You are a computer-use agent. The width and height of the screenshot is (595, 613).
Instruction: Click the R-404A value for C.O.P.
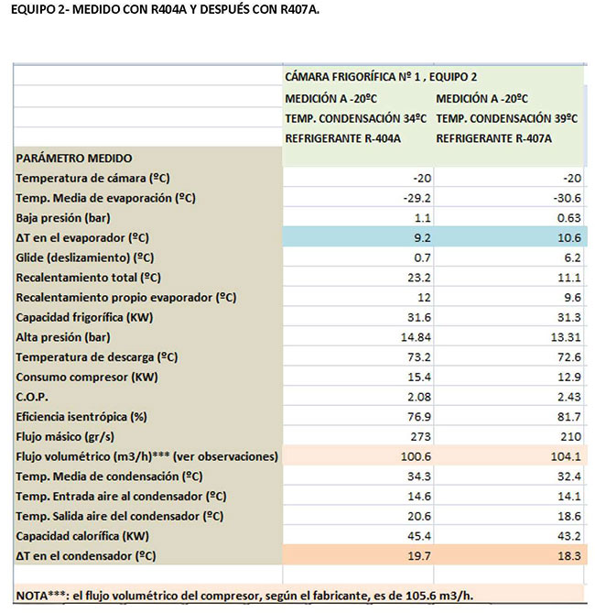[419, 397]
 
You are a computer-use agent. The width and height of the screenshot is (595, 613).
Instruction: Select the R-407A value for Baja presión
[568, 218]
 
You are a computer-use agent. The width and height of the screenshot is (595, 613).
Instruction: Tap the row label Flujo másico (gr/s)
[65, 437]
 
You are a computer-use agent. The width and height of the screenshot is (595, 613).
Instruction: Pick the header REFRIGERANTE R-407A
[493, 138]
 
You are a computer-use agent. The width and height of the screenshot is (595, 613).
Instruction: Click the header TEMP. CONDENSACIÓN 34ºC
[355, 118]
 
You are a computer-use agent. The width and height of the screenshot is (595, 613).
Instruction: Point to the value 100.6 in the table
[416, 456]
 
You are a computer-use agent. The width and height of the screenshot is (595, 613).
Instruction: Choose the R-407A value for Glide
[572, 257]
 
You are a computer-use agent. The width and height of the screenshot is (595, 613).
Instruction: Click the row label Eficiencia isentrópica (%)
[81, 417]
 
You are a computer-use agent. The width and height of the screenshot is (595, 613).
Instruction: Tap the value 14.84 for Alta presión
[416, 337]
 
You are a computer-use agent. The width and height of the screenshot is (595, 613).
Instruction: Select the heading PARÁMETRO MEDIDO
[74, 159]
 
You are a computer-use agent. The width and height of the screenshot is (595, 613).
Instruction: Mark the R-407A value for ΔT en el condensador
[568, 556]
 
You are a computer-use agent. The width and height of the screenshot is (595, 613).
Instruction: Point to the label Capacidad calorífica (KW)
[82, 536]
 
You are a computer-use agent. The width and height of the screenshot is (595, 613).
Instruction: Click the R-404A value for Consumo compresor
[419, 377]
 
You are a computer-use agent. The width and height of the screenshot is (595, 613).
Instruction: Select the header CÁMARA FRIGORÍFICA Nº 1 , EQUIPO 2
[381, 77]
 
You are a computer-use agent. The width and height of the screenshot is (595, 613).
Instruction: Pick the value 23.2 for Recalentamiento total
[419, 278]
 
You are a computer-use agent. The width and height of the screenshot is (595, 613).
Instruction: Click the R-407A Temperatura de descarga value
[568, 357]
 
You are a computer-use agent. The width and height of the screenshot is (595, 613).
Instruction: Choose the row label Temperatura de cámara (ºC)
[92, 179]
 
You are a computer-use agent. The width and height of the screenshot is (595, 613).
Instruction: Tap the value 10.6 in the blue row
[568, 237]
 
